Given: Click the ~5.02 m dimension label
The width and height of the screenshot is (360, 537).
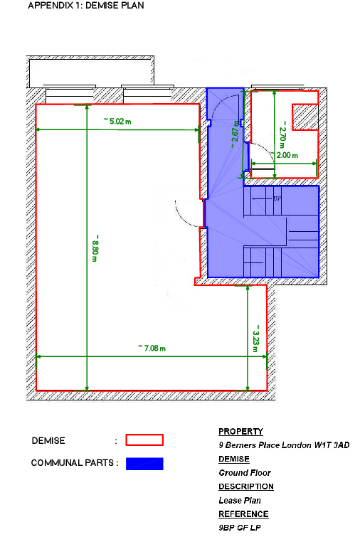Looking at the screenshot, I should point(118,122).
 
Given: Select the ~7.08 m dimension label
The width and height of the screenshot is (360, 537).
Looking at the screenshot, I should point(152,348).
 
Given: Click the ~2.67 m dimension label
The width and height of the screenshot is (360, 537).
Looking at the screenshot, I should point(235,132).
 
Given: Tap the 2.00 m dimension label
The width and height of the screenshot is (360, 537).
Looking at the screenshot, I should point(287,155).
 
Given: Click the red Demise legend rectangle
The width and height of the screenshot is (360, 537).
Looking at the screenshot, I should point(144,440).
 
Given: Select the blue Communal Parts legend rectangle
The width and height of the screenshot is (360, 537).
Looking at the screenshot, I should point(144,464).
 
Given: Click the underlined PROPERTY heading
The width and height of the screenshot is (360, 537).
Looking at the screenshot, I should point(240,432).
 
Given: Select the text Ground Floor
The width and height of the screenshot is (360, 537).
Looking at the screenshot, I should point(245,472).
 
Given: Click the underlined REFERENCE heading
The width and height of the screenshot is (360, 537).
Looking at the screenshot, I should point(243,514).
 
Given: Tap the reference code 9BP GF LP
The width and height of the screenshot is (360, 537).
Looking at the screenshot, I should point(240,528).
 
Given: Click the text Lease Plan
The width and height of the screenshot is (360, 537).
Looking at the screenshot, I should point(240,500).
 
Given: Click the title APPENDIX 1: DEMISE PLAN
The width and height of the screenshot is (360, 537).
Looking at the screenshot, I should point(86,6).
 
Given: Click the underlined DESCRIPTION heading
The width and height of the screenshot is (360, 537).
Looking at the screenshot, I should point(245,487).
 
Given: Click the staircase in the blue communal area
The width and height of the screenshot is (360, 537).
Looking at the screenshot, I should point(281,231).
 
